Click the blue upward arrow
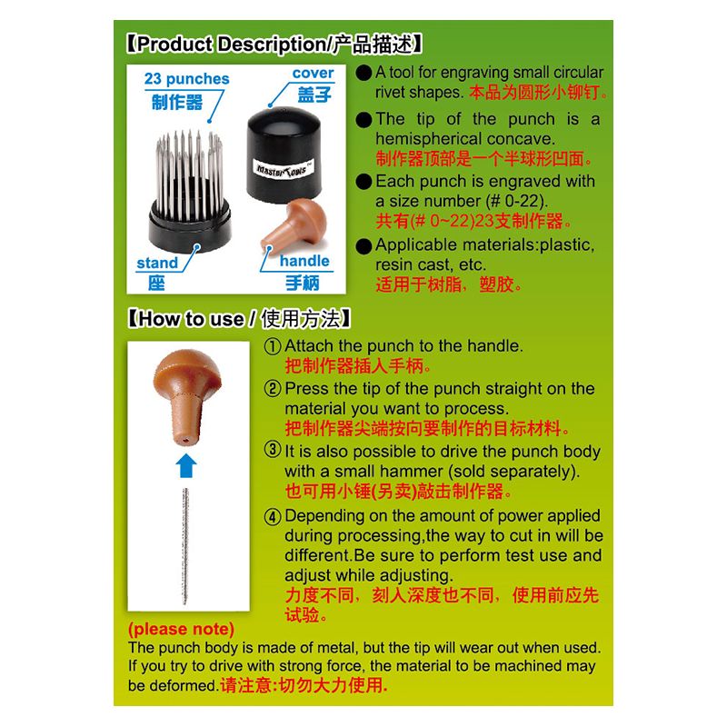(x=186, y=465)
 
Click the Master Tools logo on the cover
(x=284, y=169)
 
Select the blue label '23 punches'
(x=186, y=79)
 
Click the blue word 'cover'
(x=313, y=73)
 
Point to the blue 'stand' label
(x=157, y=263)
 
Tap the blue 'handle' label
(x=304, y=261)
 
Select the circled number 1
(x=273, y=346)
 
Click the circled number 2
(x=273, y=389)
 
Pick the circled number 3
(x=273, y=449)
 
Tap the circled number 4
(x=273, y=516)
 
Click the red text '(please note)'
(x=181, y=629)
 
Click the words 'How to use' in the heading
(x=191, y=320)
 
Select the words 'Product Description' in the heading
(x=232, y=45)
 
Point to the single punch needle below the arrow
(x=185, y=546)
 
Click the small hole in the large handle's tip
(x=185, y=439)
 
